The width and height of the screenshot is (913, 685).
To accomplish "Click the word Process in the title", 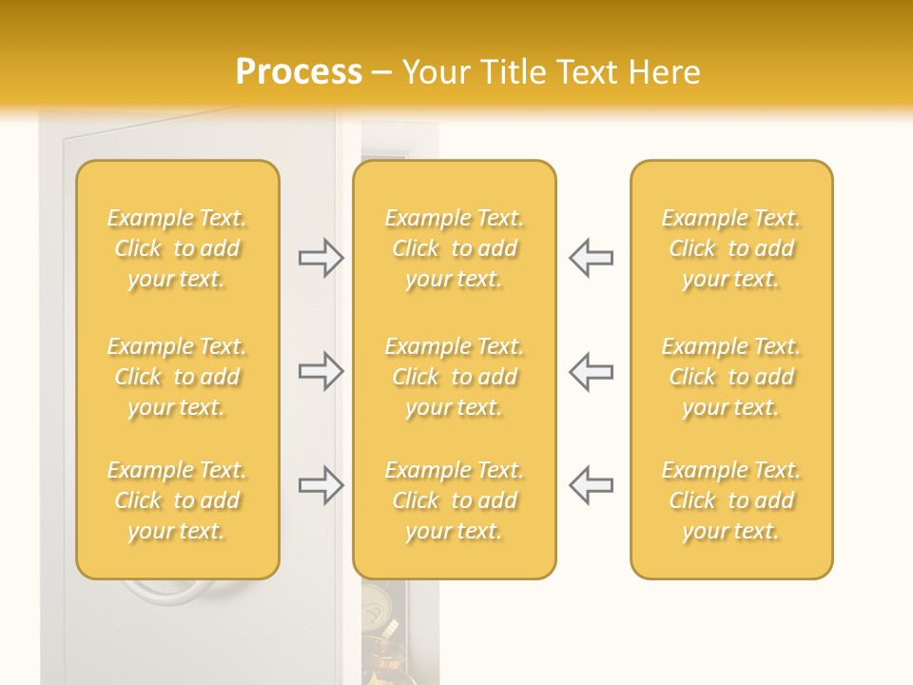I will coord(299,72).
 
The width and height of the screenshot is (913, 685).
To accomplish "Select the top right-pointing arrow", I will coord(321,258).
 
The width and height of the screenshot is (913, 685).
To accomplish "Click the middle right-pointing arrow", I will coord(321,371).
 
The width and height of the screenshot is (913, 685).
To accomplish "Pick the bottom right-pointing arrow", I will coord(321,485).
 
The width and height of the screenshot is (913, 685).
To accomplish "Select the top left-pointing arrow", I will coord(591,258).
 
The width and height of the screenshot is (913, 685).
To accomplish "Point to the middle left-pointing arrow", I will coord(591,371).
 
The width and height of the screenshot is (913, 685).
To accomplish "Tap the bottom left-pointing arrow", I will coord(591,485).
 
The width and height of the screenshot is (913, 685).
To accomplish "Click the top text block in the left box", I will coord(177,248).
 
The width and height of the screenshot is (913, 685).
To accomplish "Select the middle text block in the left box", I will coord(177,377).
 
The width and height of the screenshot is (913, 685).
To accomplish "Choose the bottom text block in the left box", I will coord(177,500).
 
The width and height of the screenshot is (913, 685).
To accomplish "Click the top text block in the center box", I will coord(455,248).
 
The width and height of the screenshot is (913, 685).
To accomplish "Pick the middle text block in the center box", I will coord(455,377).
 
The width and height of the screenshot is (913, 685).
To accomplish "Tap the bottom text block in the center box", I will coord(455,500).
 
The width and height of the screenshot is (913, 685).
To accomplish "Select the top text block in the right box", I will coord(731,248).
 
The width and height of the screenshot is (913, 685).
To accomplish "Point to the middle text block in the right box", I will coord(731,377).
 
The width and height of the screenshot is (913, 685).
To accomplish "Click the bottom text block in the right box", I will coord(731,500).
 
